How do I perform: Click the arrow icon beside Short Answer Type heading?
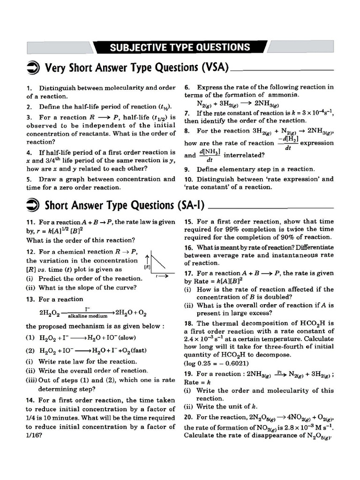[x=33, y=205]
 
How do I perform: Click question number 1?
[x=29, y=88]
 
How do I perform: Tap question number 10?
[x=188, y=179]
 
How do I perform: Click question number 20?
[x=188, y=417]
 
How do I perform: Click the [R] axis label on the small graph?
[x=147, y=267]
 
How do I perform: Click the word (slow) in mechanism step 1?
[x=134, y=337]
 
